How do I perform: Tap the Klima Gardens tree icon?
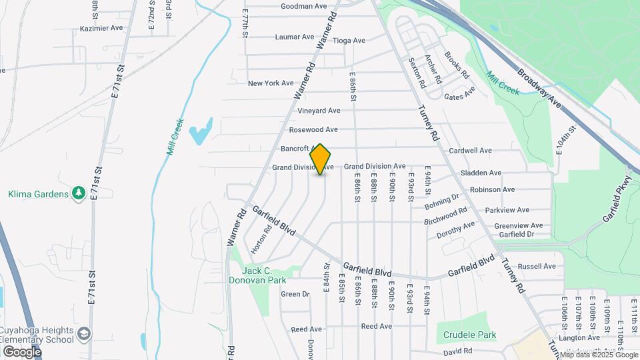click(79, 193)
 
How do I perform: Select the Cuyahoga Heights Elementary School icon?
click(84, 333)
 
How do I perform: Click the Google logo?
click(22, 351)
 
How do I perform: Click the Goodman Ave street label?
click(303, 6)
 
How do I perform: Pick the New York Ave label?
click(271, 83)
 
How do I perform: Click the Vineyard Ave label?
click(319, 111)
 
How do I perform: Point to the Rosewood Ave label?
click(313, 129)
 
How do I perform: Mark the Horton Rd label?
click(261, 239)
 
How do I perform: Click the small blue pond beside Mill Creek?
click(200, 131)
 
